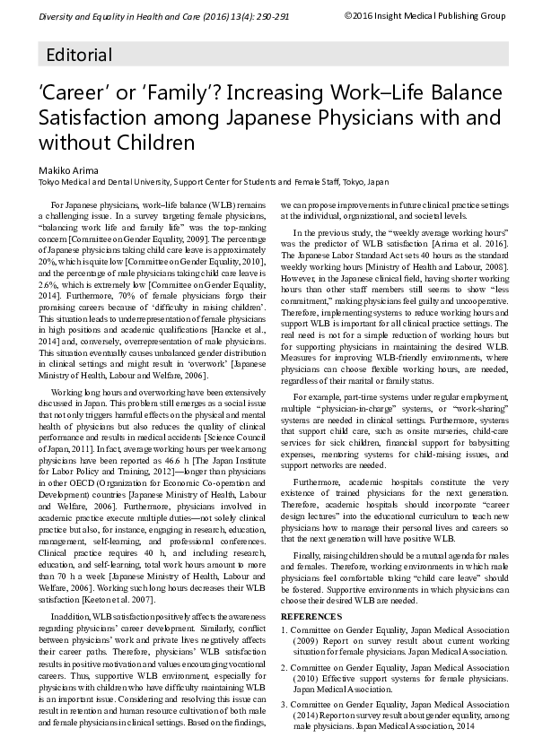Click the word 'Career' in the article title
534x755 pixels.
(x=73, y=94)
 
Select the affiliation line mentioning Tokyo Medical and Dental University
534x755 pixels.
(x=213, y=181)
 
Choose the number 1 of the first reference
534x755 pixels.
(x=284, y=630)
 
